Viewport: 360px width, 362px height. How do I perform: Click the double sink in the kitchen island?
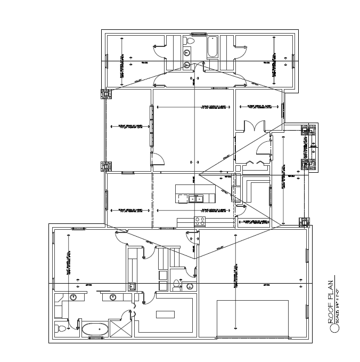point(196,199)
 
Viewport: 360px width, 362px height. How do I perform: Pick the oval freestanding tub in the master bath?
point(94,329)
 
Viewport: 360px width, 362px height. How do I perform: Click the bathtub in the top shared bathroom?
point(211,46)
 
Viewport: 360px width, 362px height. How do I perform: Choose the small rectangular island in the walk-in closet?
point(165,314)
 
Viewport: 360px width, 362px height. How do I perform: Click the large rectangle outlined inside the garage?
point(252,318)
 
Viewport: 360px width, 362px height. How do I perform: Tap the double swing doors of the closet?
point(251,126)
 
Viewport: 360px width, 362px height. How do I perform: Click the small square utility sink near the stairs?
point(132,287)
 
